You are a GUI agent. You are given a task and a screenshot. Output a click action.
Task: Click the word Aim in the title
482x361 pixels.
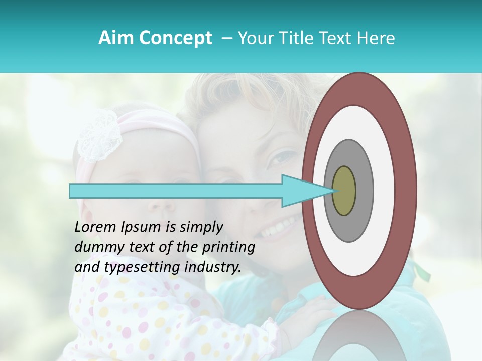pos(115,38)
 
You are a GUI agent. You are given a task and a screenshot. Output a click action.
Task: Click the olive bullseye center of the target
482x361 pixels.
pos(344,191)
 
